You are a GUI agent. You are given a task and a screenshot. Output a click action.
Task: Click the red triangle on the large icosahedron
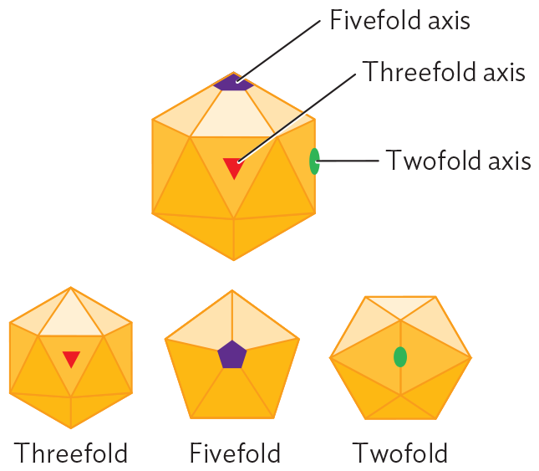coord(234,167)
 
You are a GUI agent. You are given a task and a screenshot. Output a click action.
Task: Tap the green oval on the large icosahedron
coord(314,161)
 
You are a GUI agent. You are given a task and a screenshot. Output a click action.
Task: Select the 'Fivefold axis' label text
coord(399,20)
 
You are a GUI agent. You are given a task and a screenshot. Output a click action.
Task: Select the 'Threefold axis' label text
coord(443,72)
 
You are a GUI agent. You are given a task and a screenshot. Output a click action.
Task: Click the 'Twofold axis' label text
coord(458,160)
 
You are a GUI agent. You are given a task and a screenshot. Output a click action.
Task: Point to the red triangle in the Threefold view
coord(71,358)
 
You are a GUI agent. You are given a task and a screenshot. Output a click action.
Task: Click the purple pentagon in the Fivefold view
coord(232,355)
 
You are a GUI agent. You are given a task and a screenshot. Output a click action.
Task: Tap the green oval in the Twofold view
coord(400,357)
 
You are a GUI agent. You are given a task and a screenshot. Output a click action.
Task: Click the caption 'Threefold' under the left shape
coord(71,453)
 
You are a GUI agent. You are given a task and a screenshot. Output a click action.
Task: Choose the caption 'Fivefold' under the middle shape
coord(235,453)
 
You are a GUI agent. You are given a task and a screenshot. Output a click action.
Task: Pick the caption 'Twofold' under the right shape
coord(400,453)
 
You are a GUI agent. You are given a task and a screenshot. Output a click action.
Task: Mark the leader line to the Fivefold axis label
coord(280,50)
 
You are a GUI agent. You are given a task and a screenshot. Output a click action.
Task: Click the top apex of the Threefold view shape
coord(71,288)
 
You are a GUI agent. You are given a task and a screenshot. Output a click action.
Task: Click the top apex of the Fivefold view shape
coord(232,289)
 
